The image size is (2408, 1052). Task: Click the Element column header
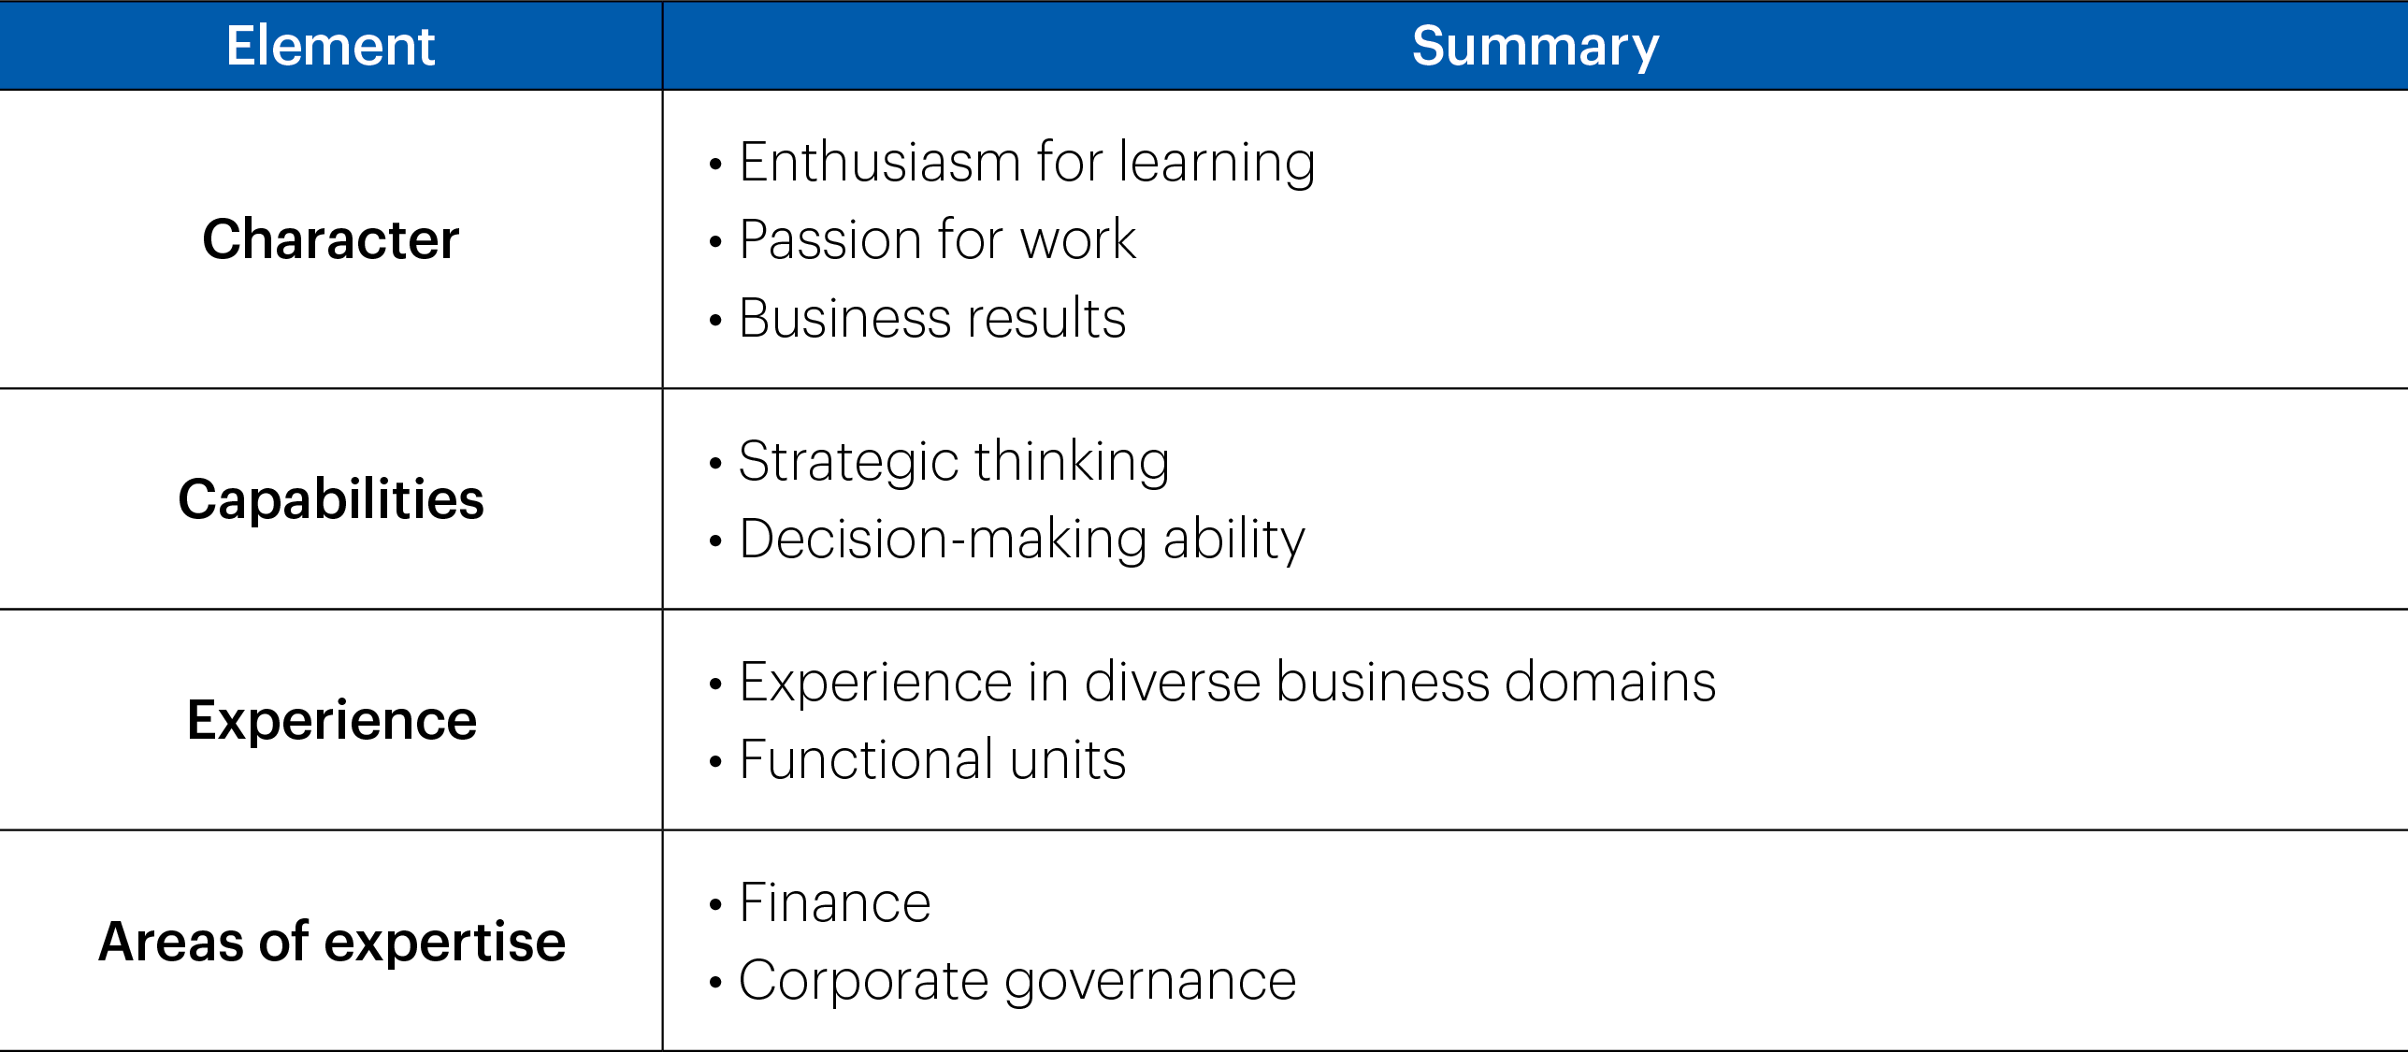tap(330, 46)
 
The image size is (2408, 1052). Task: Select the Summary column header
tap(1536, 48)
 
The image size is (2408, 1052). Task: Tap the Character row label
tap(331, 239)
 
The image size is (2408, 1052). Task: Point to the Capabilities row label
tap(331, 499)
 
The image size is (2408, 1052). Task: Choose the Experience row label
tap(332, 721)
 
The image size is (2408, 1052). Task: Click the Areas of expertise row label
tap(332, 942)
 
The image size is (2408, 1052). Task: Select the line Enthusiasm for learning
tap(1027, 164)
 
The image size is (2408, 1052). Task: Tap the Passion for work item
tap(937, 239)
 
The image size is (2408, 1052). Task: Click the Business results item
tap(932, 318)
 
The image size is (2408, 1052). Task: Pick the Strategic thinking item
tap(954, 462)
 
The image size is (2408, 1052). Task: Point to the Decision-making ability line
tap(1022, 540)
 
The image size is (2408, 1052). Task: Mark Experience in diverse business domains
tap(1228, 682)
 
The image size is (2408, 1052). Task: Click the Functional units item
tap(932, 759)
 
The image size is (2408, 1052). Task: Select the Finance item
tap(835, 903)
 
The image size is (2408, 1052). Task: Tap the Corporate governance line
tap(1017, 982)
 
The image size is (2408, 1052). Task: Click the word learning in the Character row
tap(1217, 164)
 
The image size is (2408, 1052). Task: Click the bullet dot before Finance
tap(715, 905)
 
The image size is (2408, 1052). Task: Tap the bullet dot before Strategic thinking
tap(715, 463)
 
